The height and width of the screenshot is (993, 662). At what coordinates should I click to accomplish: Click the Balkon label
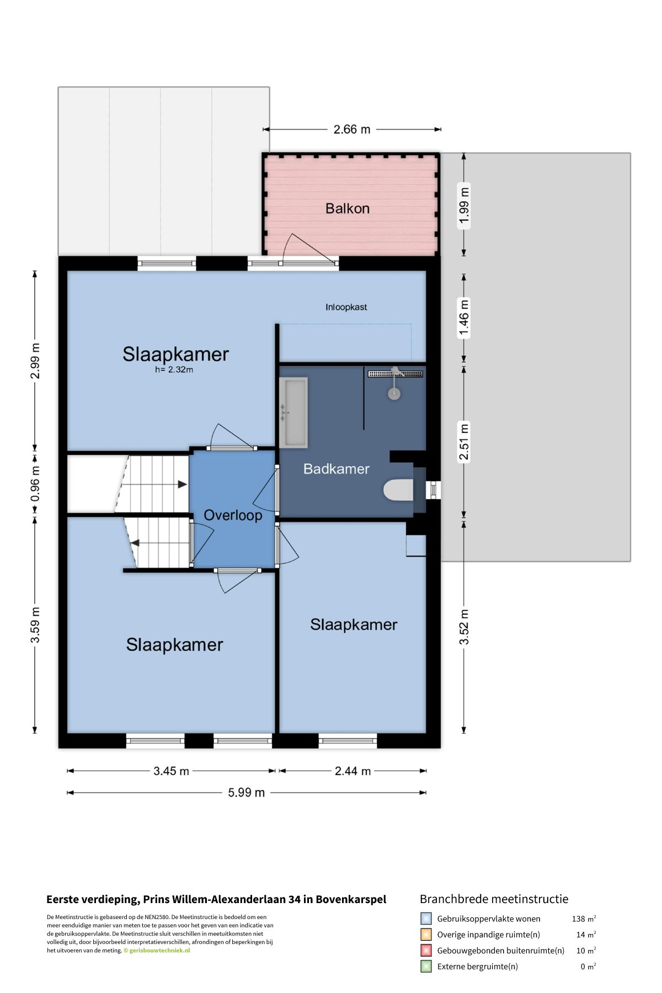(347, 209)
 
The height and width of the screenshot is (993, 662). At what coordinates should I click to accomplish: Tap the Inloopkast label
(346, 307)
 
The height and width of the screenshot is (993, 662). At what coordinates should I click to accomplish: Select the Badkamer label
(337, 469)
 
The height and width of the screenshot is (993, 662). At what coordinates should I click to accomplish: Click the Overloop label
(233, 515)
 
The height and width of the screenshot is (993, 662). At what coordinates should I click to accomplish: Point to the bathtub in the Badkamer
(293, 412)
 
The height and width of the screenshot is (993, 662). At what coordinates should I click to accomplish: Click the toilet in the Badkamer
(398, 490)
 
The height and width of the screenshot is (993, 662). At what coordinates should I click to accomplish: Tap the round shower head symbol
(394, 393)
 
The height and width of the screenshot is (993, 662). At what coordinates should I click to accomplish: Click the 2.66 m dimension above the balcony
(352, 130)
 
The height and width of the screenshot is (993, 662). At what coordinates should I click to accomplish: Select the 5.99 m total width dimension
(247, 793)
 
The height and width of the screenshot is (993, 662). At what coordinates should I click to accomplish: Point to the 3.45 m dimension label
(171, 771)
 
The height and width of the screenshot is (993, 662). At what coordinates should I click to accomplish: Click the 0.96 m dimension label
(35, 484)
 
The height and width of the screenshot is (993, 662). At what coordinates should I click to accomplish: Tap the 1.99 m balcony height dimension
(464, 206)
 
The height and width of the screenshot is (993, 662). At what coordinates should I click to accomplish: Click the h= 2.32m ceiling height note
(174, 370)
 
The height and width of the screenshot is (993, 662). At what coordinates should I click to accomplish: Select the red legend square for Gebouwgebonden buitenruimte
(426, 951)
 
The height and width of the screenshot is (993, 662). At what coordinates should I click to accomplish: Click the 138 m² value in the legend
(584, 919)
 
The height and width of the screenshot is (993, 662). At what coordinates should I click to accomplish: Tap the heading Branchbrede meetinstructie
(494, 899)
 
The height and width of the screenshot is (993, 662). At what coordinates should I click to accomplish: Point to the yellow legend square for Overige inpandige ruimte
(426, 935)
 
